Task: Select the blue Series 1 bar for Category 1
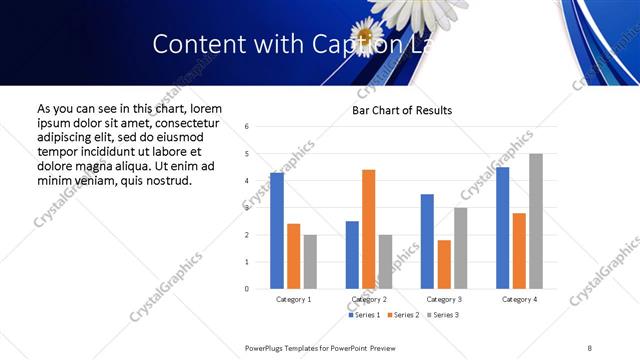click(277, 231)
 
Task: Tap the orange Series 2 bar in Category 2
click(368, 229)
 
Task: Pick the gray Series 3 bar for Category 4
click(536, 221)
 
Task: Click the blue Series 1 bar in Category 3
click(427, 241)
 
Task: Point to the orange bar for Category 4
click(519, 251)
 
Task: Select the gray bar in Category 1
click(310, 262)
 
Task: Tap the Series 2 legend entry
click(402, 315)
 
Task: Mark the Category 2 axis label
click(368, 299)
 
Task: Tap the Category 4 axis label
click(519, 299)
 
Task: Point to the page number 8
click(589, 347)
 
